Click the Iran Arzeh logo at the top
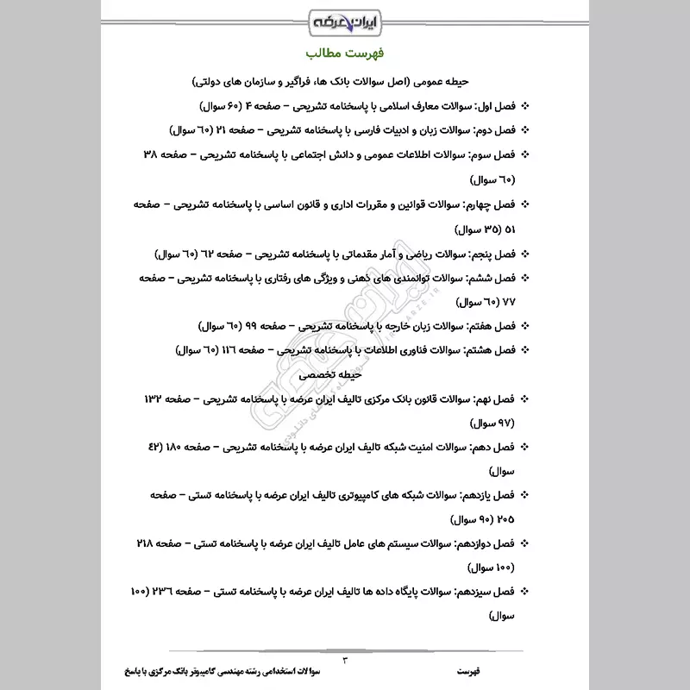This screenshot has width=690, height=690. pyautogui.click(x=344, y=19)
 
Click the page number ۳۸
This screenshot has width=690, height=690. pyautogui.click(x=148, y=155)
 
